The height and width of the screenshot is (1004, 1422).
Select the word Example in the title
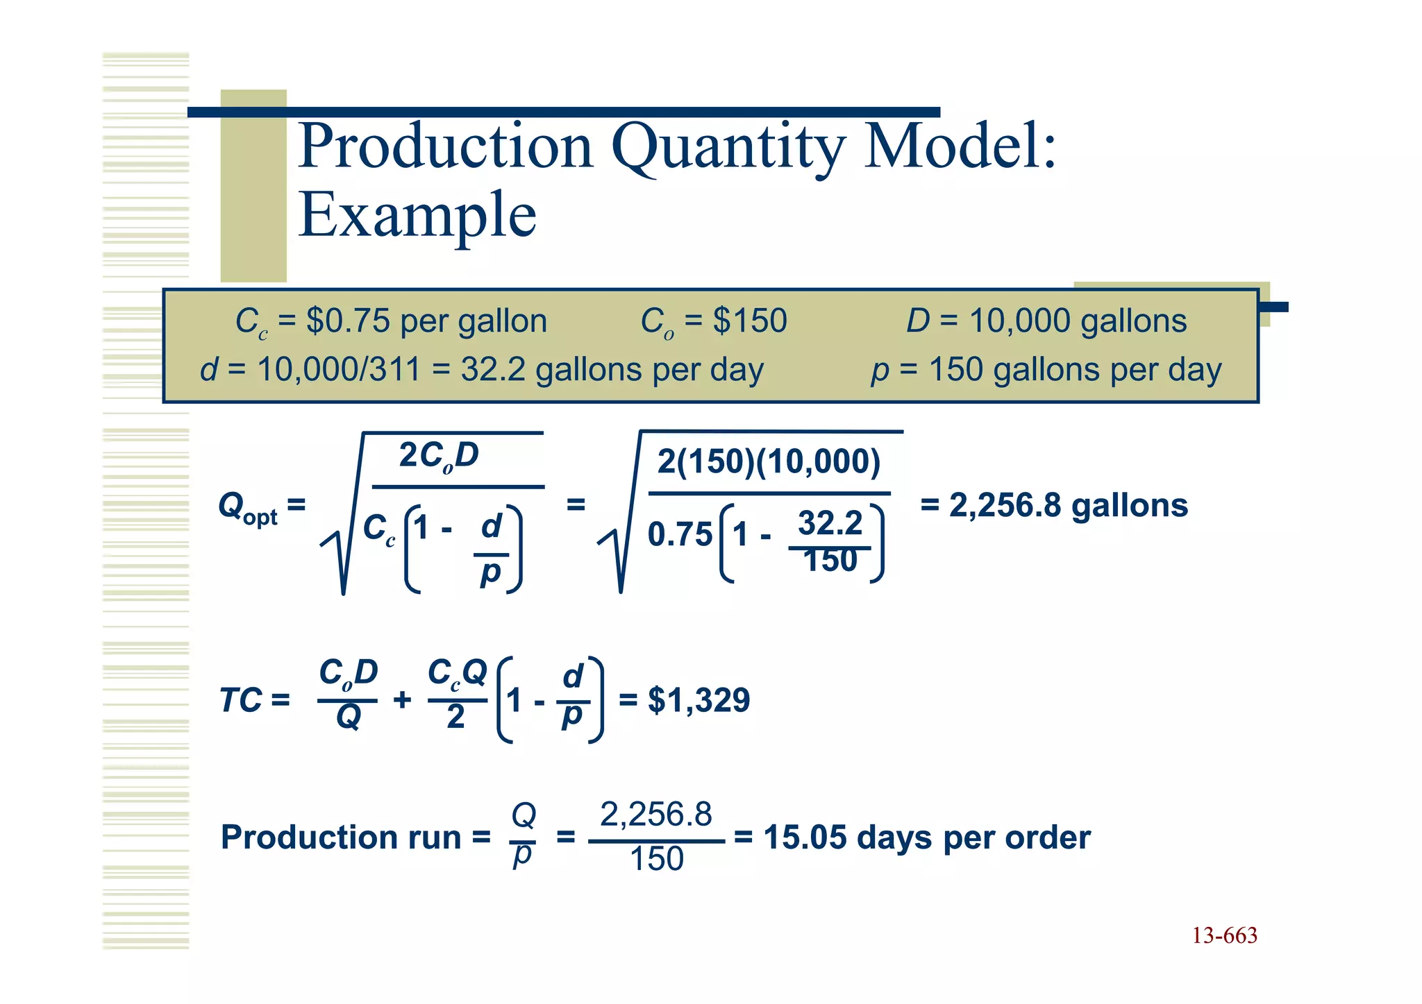[417, 215]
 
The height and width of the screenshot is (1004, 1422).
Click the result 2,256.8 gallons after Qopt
[1068, 505]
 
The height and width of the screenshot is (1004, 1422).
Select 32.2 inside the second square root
[830, 523]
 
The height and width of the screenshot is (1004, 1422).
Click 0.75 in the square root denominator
[680, 535]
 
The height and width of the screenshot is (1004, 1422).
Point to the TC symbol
[240, 700]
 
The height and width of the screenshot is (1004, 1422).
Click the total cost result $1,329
[699, 700]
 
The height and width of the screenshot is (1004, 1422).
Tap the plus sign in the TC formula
[402, 699]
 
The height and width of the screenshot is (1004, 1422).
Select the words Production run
[340, 837]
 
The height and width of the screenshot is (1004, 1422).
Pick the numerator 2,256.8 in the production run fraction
[655, 815]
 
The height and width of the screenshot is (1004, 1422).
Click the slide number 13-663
[1224, 936]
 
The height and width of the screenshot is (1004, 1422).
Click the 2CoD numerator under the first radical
[439, 456]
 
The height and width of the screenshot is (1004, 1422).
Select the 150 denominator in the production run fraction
[656, 860]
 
